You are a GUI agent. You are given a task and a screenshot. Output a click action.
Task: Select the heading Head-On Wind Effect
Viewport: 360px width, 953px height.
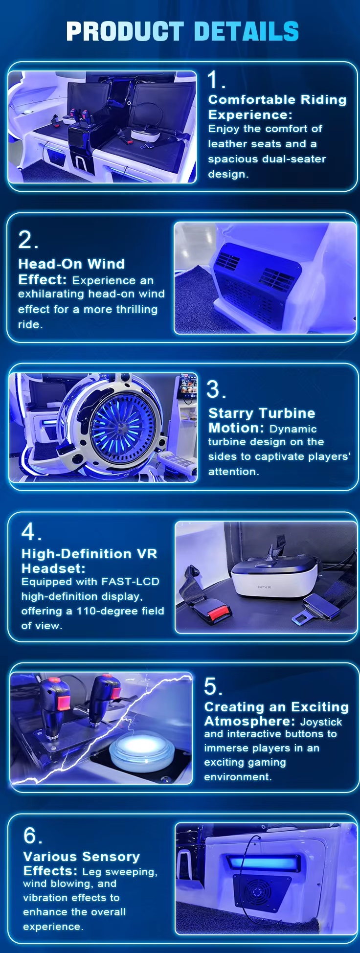(x=71, y=272)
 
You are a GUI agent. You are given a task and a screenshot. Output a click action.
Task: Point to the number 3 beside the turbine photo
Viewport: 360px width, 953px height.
(x=213, y=389)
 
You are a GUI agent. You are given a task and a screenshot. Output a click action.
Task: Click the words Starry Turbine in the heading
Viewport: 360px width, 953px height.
(x=262, y=413)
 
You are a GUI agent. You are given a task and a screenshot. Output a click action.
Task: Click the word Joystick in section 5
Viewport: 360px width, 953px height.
(x=321, y=722)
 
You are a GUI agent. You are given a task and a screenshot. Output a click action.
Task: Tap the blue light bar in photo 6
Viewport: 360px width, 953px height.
(x=262, y=862)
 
